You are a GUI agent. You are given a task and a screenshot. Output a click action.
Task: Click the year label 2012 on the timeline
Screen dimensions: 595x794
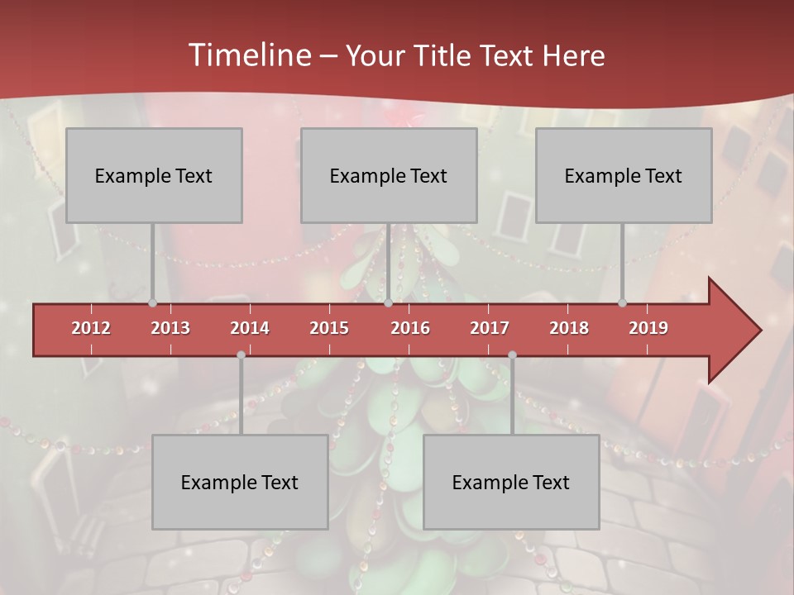(91, 328)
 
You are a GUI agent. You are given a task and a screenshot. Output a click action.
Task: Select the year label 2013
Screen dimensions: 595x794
(170, 328)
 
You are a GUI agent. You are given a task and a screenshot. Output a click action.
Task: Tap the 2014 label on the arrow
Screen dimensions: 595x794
(250, 328)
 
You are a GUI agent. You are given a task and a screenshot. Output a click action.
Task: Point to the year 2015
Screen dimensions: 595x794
(329, 328)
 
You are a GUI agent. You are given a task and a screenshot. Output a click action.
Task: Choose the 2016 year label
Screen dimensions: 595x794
(410, 328)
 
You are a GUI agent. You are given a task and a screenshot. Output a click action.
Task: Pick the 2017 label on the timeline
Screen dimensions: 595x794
(490, 328)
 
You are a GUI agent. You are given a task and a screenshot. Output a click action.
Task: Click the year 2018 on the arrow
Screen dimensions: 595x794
(569, 328)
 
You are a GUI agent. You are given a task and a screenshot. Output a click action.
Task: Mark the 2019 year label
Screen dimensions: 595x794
(648, 328)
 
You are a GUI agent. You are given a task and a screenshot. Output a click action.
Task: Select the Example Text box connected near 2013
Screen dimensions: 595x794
(154, 175)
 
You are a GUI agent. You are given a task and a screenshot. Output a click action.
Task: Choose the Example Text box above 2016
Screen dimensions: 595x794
(389, 175)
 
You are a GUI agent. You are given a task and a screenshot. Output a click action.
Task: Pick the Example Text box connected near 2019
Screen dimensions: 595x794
(624, 175)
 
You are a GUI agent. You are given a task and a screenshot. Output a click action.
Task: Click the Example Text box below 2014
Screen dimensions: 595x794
(240, 482)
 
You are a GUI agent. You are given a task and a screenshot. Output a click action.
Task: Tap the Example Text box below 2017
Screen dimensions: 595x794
(511, 482)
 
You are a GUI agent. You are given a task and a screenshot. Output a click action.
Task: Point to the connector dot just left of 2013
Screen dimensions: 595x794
(152, 302)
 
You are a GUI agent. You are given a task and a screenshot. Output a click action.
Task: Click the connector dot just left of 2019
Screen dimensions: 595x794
(622, 302)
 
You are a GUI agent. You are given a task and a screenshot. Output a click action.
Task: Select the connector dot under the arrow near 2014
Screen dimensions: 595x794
(241, 355)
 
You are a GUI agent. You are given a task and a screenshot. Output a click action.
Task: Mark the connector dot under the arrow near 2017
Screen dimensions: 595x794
(512, 355)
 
